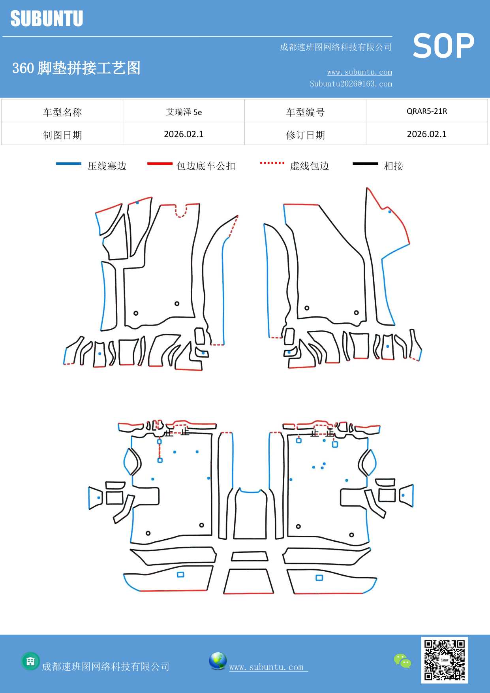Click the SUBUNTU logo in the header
[47, 19]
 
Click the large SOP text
[443, 46]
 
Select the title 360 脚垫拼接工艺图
[76, 68]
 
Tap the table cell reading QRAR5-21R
[426, 111]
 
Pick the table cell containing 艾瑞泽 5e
[184, 112]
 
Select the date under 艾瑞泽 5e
[184, 134]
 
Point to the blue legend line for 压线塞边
[68, 164]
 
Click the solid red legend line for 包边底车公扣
[160, 164]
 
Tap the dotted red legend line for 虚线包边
[272, 163]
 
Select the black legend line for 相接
[365, 164]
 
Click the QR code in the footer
[444, 660]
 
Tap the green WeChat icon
[402, 661]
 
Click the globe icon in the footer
[218, 661]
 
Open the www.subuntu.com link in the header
[359, 72]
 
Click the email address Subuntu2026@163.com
[351, 84]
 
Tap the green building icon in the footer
[30, 661]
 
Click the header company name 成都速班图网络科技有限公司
[336, 47]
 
